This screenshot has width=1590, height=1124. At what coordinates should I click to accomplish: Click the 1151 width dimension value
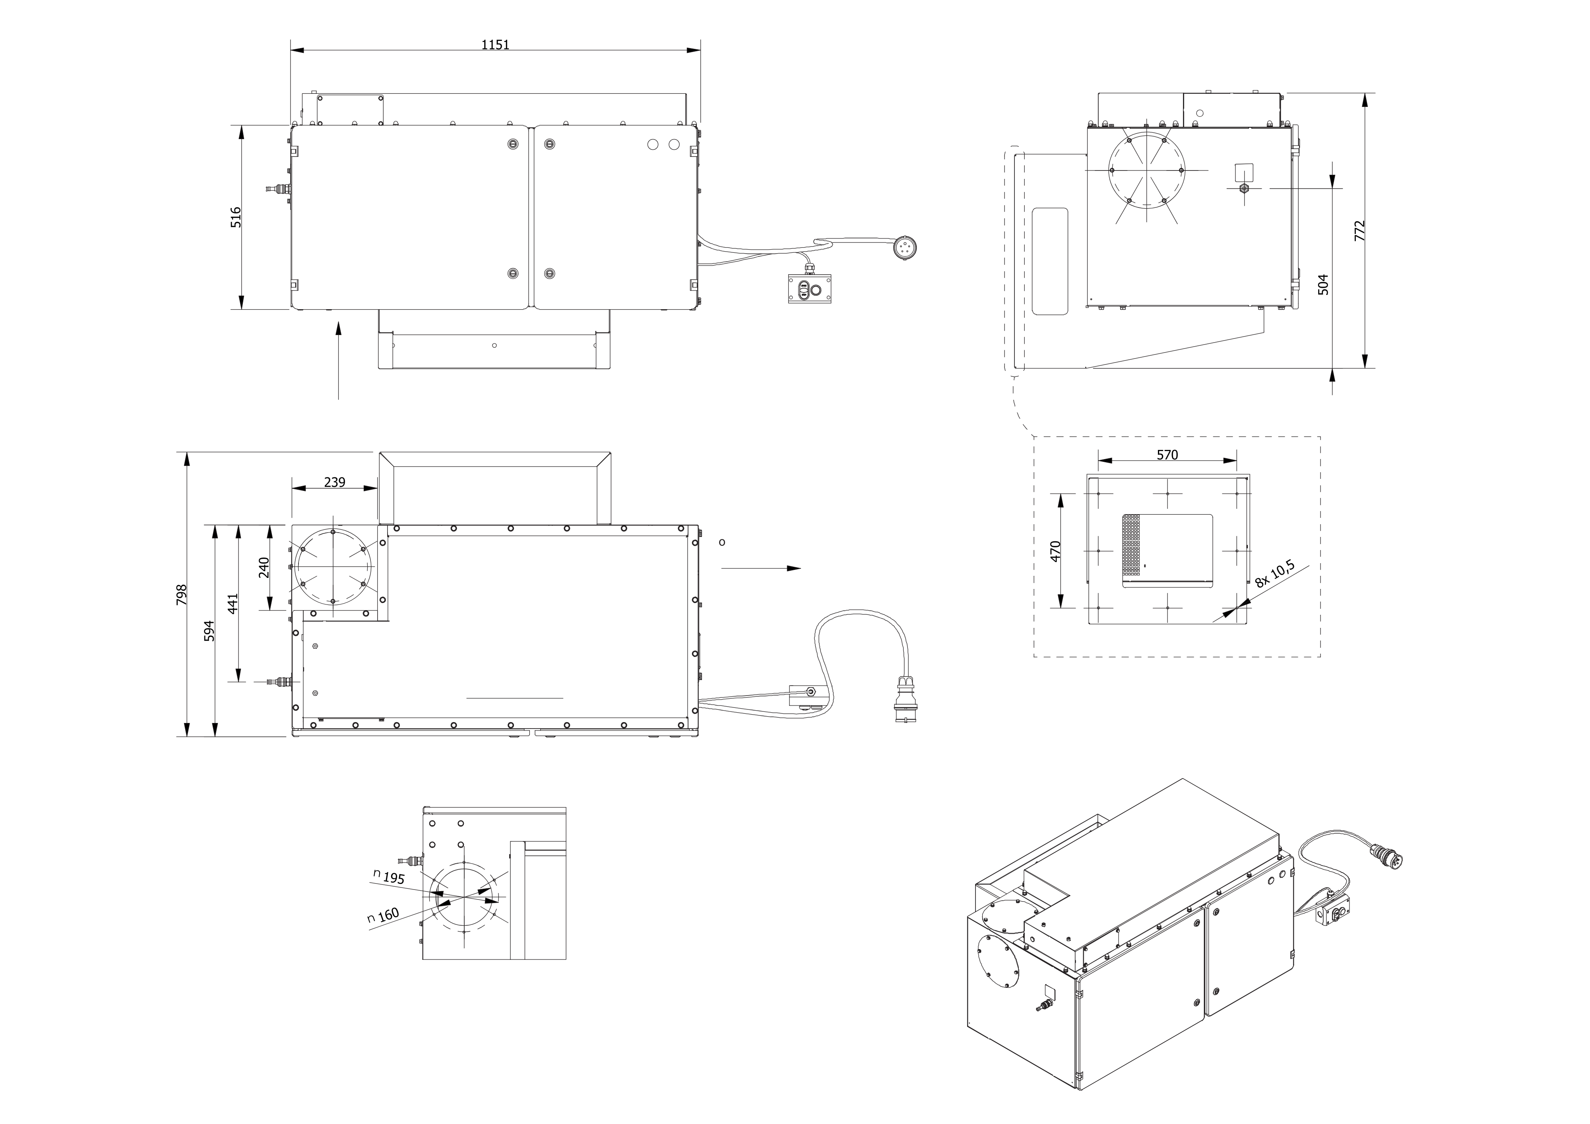coord(495,45)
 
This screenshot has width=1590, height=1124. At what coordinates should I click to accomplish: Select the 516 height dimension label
coord(236,217)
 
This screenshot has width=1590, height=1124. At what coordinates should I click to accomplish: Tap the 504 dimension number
coord(1323,285)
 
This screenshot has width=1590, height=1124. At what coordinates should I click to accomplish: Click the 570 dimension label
coord(1167,455)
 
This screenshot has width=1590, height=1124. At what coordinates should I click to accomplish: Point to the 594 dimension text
coord(209,630)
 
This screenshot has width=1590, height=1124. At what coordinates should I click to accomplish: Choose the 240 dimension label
coord(264,567)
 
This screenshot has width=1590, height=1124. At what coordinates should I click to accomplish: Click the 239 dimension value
coord(334,482)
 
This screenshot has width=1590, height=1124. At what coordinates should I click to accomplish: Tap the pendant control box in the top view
coord(812,289)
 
